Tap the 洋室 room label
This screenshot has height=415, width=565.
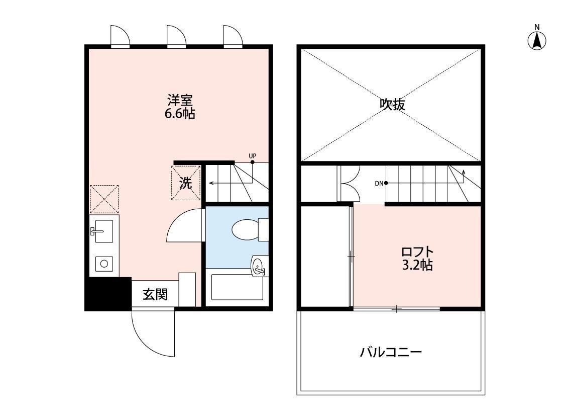(x=180, y=100)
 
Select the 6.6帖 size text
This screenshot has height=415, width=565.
(x=180, y=114)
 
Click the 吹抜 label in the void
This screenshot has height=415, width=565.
(x=392, y=104)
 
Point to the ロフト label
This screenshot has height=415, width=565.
(x=417, y=252)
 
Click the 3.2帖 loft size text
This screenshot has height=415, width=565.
(x=417, y=265)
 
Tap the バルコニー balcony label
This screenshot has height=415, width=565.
(x=391, y=352)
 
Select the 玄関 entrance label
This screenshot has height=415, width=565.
(x=155, y=294)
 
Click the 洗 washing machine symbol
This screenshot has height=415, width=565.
(x=186, y=183)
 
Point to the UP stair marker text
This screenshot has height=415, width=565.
(x=252, y=156)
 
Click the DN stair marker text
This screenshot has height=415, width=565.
(x=379, y=183)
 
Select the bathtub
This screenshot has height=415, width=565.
(x=238, y=287)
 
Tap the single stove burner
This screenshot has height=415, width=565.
(x=104, y=264)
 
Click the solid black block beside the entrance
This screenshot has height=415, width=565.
(x=108, y=293)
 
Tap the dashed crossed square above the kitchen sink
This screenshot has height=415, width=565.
(x=104, y=199)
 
